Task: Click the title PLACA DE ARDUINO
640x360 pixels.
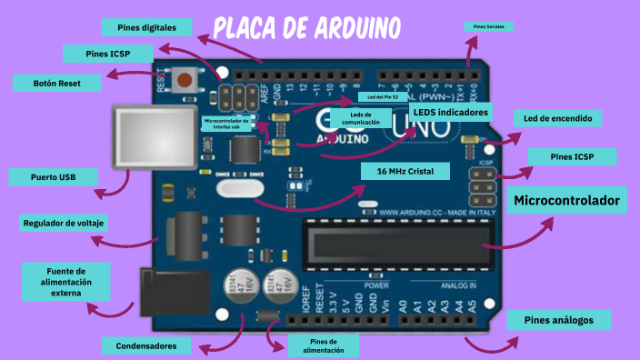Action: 307,29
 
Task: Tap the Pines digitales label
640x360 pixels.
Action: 146,26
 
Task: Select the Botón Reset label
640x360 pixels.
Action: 56,83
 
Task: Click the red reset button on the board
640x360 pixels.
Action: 188,79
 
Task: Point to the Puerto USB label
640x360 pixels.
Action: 53,177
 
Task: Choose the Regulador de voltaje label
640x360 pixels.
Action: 64,223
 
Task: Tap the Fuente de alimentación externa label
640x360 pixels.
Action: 66,282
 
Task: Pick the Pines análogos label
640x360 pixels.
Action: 558,320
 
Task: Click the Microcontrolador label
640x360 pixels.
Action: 566,200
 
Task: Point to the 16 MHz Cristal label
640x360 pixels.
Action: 405,171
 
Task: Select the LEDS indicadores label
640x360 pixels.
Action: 450,112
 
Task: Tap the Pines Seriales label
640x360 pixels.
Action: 489,27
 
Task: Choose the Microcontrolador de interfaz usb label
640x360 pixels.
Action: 226,123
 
